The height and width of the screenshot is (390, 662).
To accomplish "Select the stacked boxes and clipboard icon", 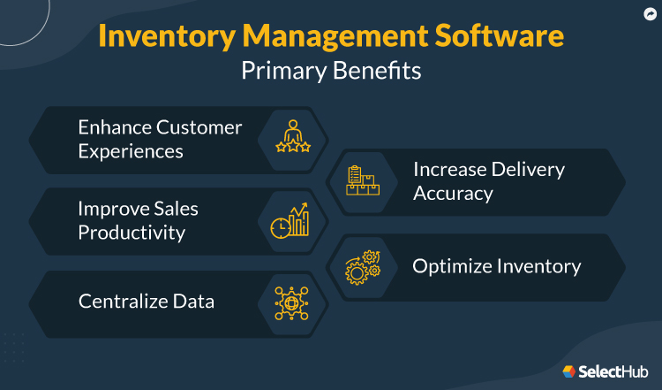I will pos(362,180).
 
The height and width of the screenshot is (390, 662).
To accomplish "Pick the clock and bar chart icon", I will pos(290,220).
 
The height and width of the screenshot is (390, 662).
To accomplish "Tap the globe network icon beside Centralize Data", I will pos(292,302).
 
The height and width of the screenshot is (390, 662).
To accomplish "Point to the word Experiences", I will pos(131,151).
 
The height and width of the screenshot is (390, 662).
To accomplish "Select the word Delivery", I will pos(527,169).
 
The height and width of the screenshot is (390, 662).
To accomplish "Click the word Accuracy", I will pos(453,193).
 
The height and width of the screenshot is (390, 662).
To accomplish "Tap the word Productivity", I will pos(132,233).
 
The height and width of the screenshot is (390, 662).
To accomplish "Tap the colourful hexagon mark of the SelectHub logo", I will pos(570,372).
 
